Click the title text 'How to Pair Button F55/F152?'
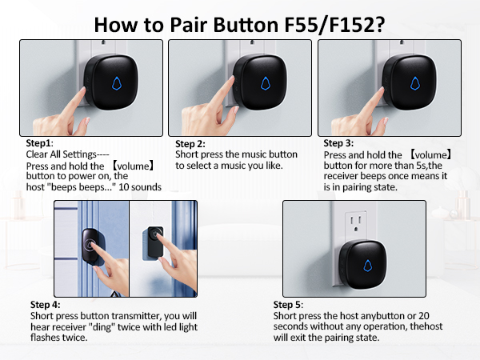coord(241,23)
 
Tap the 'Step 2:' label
coord(192,144)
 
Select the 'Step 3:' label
coord(340,143)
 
